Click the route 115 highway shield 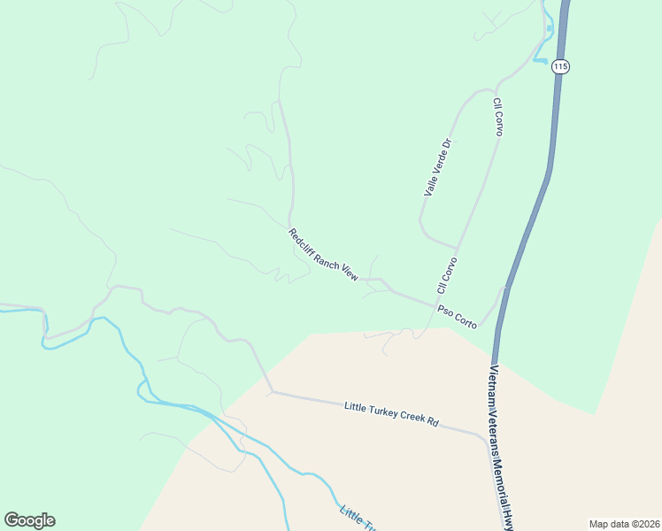pos(559,66)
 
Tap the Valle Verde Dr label pos(438,166)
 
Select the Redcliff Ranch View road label pos(323,255)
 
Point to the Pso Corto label pos(457,319)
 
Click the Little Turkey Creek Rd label pos(391,413)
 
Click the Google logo pos(29,520)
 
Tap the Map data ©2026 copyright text pos(624,524)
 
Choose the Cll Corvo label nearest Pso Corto pos(446,275)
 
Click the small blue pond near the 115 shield pos(550,29)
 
